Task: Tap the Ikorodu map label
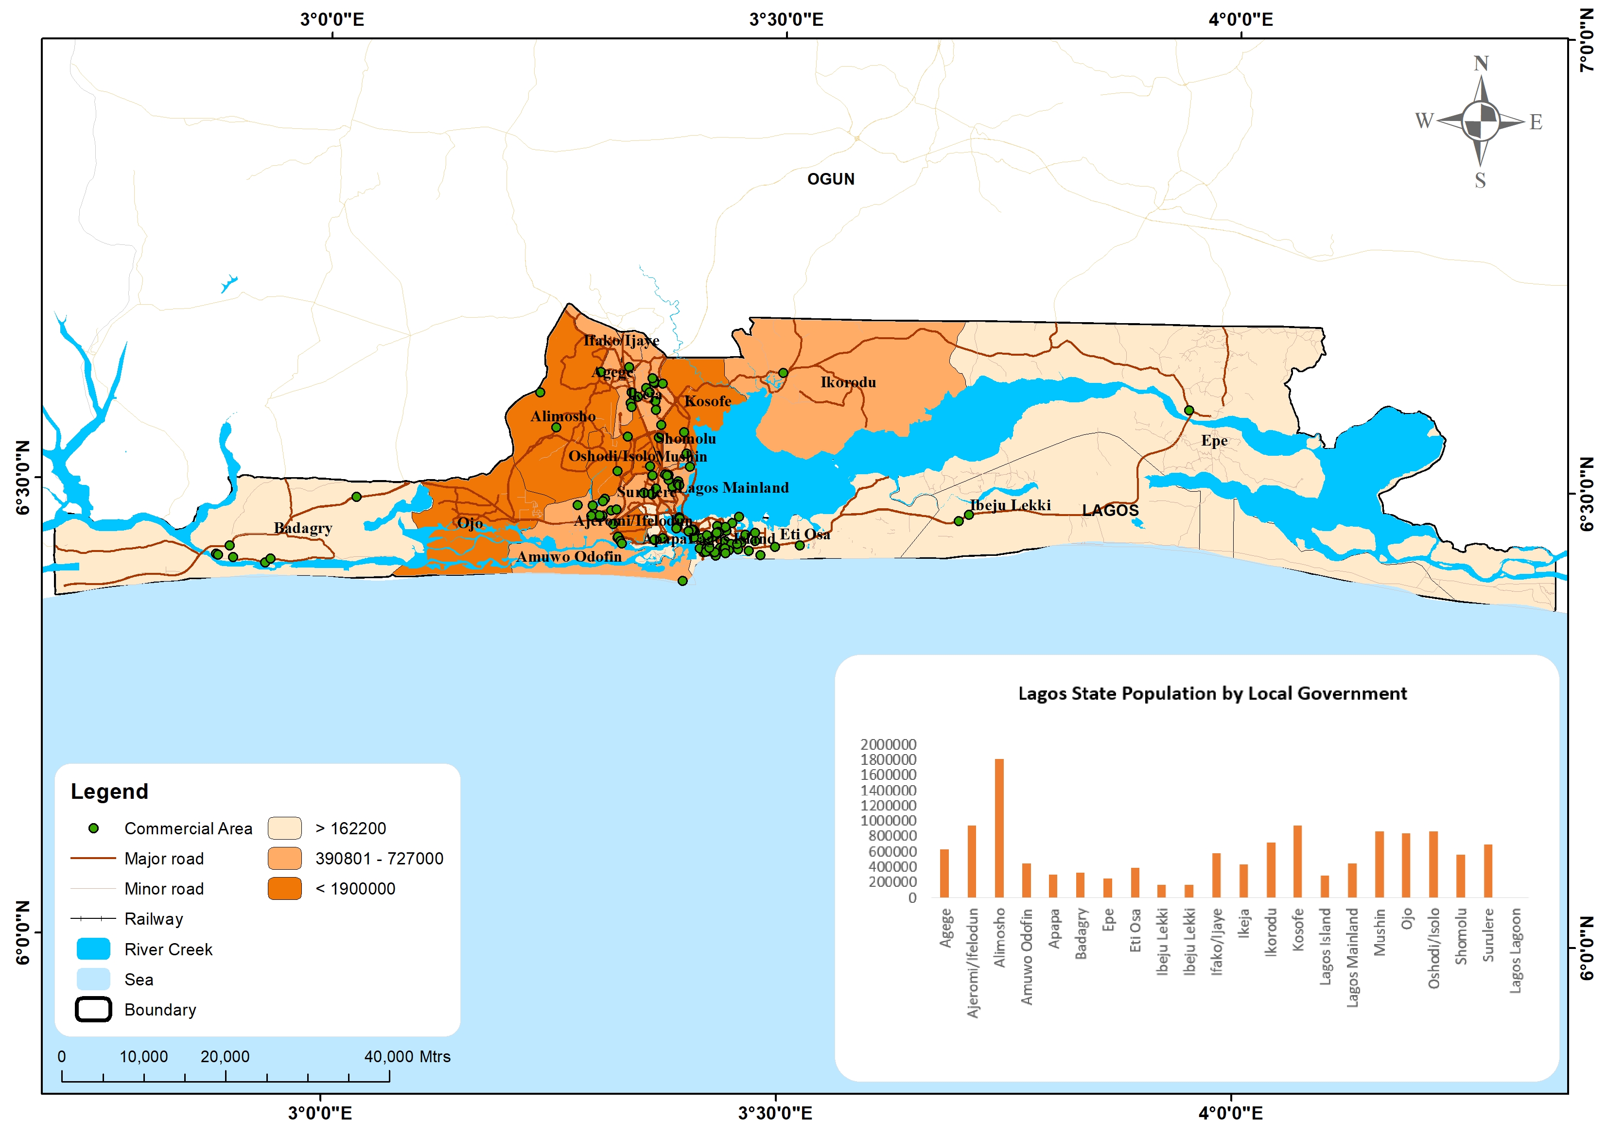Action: [848, 382]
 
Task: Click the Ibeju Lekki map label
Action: [1011, 505]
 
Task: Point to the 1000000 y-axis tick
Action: [888, 821]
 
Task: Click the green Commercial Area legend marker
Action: [93, 828]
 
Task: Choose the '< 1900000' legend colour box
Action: [284, 888]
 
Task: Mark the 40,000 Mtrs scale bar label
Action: [407, 1056]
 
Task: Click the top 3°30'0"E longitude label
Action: [786, 19]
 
